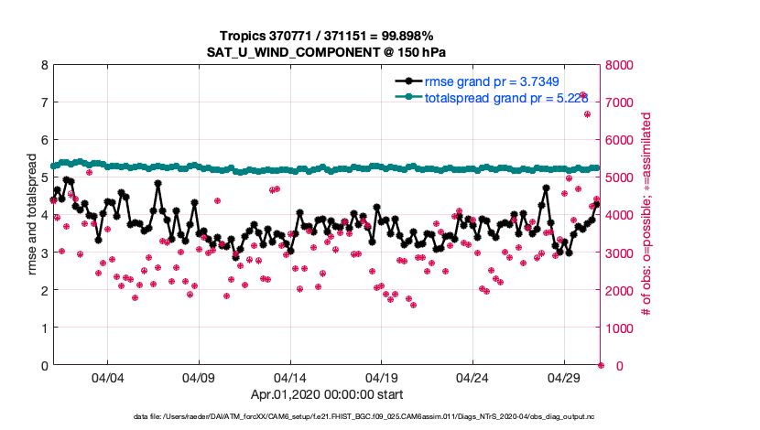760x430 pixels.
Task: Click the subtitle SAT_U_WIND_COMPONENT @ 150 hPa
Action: click(x=326, y=51)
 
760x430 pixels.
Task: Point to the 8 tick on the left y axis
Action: click(x=44, y=65)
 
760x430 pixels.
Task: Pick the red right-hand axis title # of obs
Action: click(x=646, y=215)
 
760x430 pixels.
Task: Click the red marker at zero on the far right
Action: click(x=601, y=365)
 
